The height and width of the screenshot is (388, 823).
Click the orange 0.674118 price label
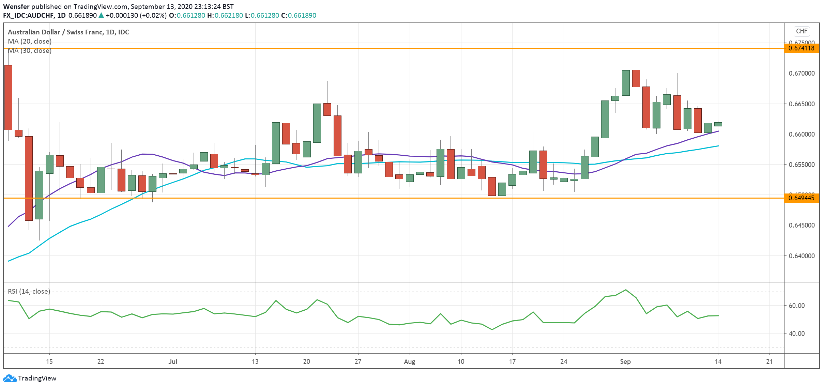(x=802, y=48)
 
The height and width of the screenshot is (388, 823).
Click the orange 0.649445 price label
(x=802, y=198)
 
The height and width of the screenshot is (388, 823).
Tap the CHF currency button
(x=802, y=31)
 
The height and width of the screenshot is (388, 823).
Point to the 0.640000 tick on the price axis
(x=802, y=256)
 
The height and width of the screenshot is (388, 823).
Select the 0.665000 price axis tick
(x=802, y=104)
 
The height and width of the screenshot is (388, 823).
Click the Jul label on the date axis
(x=173, y=361)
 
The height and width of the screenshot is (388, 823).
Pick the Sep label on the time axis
(x=625, y=361)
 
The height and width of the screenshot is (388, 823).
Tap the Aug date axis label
(x=409, y=361)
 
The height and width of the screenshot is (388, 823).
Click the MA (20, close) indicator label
(x=30, y=41)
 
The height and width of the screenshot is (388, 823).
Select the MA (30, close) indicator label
(x=30, y=50)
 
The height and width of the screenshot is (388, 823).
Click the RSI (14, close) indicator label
(x=29, y=291)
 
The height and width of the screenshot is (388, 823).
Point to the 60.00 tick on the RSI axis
(x=796, y=306)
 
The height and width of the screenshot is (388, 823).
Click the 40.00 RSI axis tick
(x=796, y=333)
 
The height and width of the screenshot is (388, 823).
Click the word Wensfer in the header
(x=16, y=6)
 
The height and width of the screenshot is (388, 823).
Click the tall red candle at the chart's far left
(x=8, y=97)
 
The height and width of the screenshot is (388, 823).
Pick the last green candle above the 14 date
(x=718, y=124)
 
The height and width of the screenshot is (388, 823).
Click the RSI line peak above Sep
(x=625, y=290)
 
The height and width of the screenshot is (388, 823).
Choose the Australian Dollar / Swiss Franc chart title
(x=68, y=32)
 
